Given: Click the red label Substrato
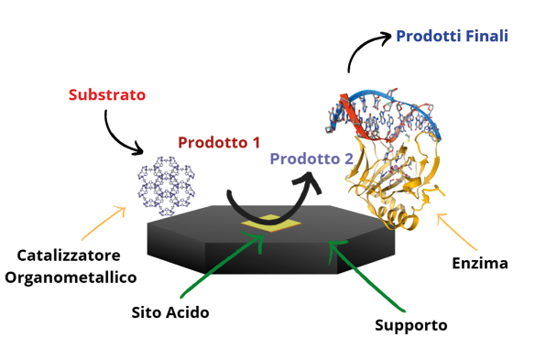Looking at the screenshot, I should click(x=107, y=94).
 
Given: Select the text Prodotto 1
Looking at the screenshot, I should click(x=218, y=142).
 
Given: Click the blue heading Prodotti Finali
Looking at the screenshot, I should click(x=452, y=37).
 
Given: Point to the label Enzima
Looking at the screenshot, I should click(x=479, y=264).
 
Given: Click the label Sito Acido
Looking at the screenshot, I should click(x=169, y=312).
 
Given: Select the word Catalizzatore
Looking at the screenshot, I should click(x=71, y=254).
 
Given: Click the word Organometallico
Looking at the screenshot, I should click(x=71, y=277).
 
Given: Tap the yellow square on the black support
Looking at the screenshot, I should click(x=266, y=222).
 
